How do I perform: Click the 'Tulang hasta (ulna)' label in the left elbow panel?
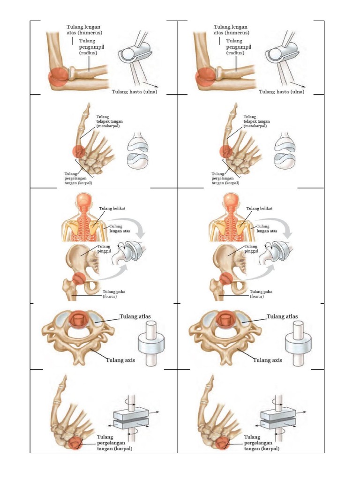point(134,92)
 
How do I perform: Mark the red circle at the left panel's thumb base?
point(78,151)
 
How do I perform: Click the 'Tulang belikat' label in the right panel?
point(260,209)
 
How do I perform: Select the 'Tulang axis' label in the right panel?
point(267,360)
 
